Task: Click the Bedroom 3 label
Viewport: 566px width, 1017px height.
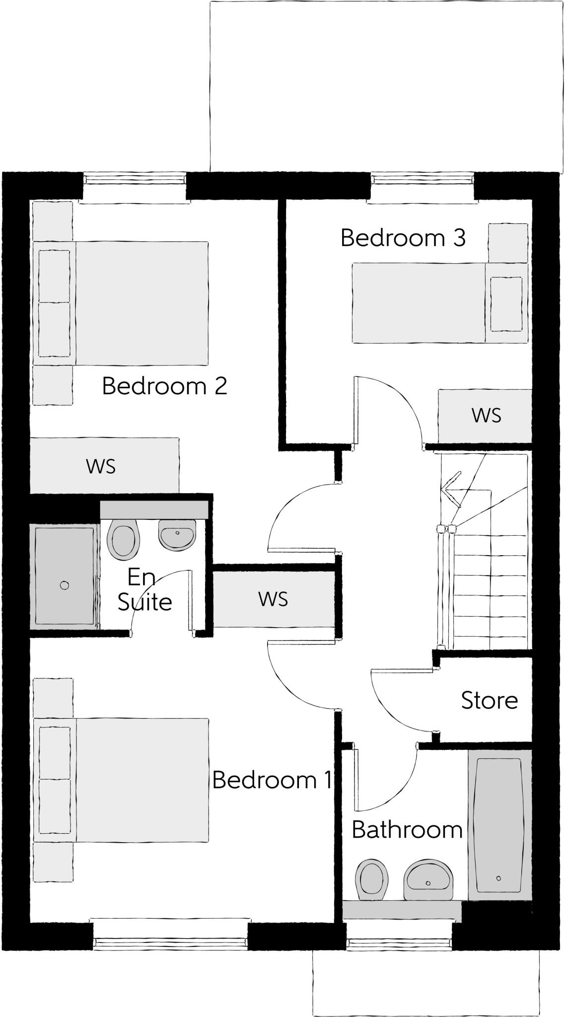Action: click(x=403, y=238)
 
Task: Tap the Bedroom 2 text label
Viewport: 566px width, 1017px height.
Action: click(x=164, y=386)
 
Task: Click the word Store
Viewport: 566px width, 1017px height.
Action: click(x=489, y=700)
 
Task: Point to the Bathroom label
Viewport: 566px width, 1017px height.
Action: click(x=407, y=830)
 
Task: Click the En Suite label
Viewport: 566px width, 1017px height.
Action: click(x=144, y=590)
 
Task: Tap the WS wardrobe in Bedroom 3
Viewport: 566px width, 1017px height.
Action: click(x=485, y=416)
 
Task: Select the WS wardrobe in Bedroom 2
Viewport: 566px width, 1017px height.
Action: click(x=102, y=466)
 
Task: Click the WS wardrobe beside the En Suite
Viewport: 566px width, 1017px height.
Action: click(x=273, y=599)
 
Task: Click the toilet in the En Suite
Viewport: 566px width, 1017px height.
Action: click(x=123, y=539)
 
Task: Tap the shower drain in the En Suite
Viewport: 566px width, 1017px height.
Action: click(x=64, y=585)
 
